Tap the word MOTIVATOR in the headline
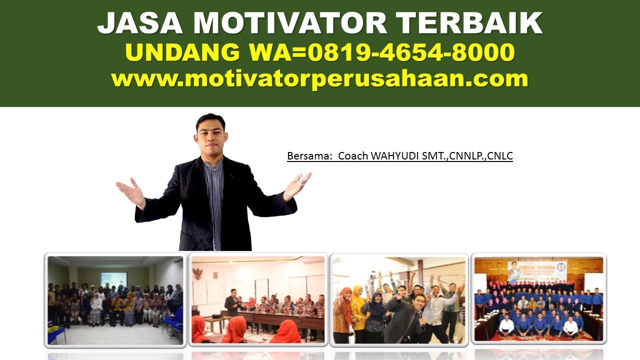coord(290,23)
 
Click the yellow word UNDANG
coord(182,52)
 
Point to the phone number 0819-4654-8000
coord(411,52)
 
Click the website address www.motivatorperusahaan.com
coord(319,79)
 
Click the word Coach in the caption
coord(353,156)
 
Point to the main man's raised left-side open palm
coord(128,190)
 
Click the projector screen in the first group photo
coord(113,279)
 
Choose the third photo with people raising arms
coord(399,299)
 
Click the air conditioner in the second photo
coord(313,260)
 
